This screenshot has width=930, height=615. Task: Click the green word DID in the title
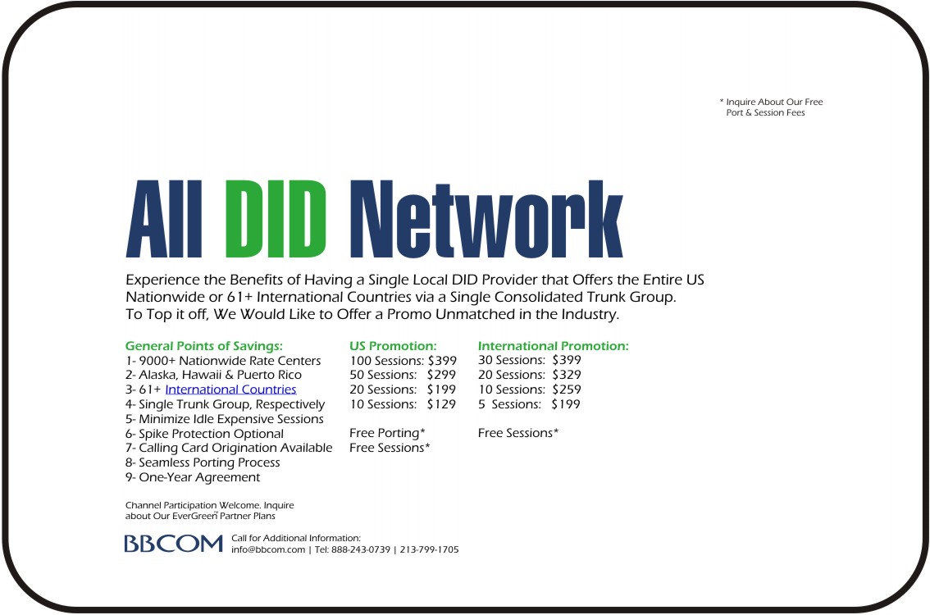276,219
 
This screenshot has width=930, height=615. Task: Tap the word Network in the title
486,219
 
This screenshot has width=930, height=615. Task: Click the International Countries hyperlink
230,389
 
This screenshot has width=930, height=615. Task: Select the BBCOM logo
173,543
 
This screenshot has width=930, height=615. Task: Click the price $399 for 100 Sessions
443,361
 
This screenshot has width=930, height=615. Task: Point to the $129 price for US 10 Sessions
441,404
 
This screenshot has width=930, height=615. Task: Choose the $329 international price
567,375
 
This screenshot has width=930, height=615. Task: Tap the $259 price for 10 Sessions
567,389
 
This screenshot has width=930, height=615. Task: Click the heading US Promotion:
393,346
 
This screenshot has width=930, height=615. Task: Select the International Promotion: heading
554,346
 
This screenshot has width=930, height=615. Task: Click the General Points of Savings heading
204,346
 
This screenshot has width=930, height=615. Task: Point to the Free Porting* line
387,433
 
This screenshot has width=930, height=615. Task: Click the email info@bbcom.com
268,549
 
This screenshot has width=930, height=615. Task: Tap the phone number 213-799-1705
430,549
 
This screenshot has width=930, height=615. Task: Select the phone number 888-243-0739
361,549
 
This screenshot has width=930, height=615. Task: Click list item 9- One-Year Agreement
193,477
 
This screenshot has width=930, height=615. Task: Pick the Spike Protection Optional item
205,434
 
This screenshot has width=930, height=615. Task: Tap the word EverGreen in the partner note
195,516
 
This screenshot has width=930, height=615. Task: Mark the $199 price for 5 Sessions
566,404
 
